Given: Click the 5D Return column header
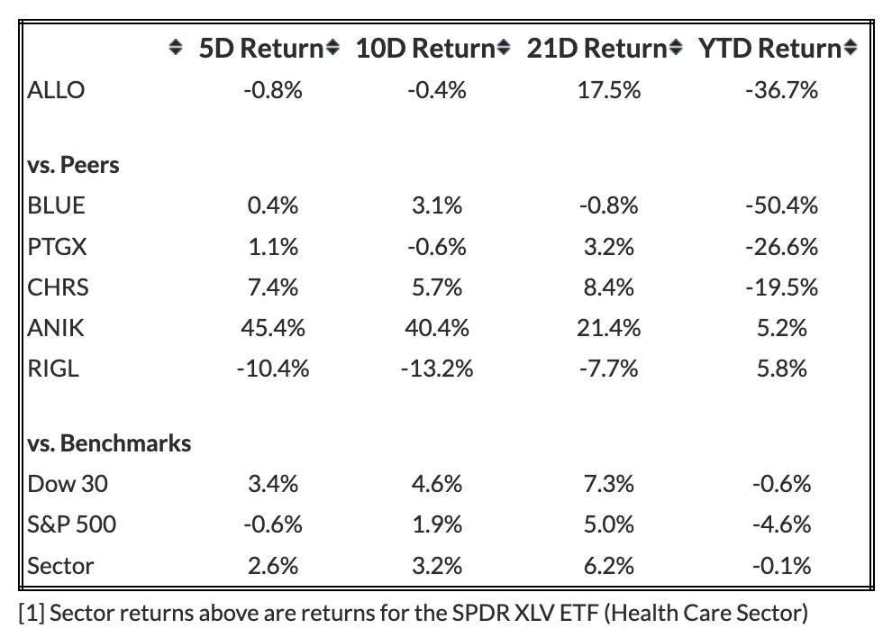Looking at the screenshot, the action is [261, 49].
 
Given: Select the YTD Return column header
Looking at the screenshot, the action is [769, 49].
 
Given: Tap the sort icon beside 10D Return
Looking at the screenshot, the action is [504, 47].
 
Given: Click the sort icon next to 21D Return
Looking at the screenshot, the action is [675, 47].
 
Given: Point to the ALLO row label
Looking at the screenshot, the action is [56, 90].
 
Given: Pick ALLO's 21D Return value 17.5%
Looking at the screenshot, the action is [609, 90].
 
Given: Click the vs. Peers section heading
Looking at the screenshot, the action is [73, 165].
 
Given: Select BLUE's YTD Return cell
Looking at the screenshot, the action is [782, 205].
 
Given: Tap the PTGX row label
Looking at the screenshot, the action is [57, 246].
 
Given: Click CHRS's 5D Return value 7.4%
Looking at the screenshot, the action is [272, 287].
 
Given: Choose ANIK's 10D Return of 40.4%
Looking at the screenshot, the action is [437, 328].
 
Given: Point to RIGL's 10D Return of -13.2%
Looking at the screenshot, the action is [437, 369].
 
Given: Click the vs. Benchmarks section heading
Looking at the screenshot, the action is [109, 443].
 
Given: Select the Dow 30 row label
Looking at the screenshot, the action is [68, 484].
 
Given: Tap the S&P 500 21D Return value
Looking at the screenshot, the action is [609, 524].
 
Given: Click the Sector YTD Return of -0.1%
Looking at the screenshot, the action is [782, 566].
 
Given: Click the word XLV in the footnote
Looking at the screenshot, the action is [535, 613].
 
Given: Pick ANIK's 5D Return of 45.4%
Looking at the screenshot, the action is [272, 328].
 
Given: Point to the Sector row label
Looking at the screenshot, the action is [60, 566].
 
